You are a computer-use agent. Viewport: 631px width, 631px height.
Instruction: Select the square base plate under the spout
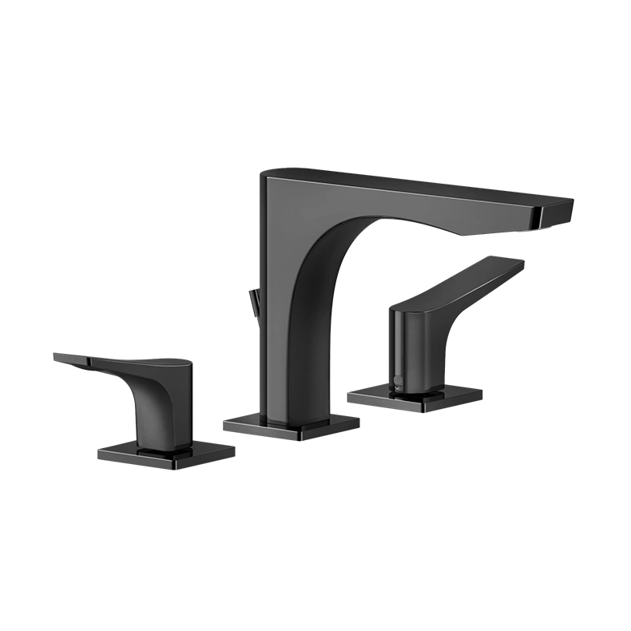292,427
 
